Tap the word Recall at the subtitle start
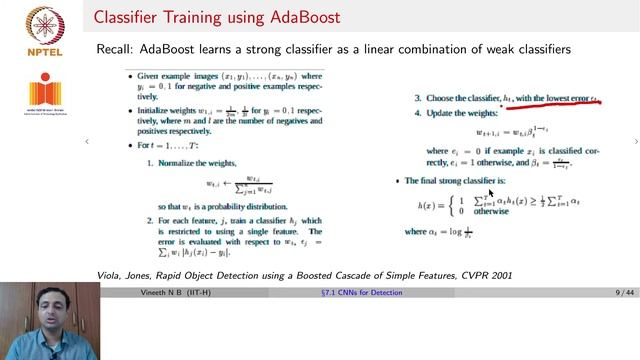tap(116, 49)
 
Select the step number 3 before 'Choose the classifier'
tap(418, 98)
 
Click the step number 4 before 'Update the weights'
tap(418, 112)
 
